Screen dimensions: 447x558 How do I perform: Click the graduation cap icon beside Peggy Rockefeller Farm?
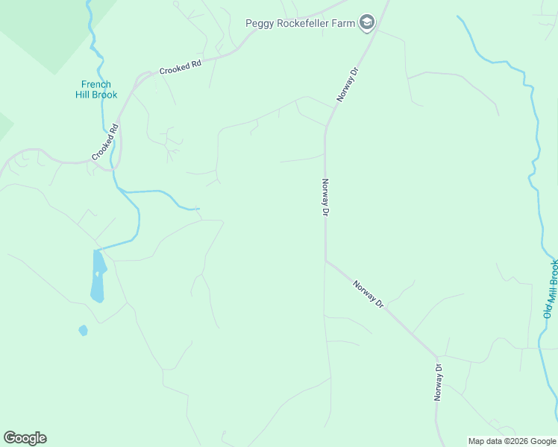(366, 23)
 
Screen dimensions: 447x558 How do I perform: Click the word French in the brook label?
(96, 85)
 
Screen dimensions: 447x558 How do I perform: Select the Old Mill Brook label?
(551, 289)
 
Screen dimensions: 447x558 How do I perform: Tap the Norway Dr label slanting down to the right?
(369, 294)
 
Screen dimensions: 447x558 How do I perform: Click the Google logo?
(25, 438)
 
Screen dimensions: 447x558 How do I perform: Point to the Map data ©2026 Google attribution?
(512, 441)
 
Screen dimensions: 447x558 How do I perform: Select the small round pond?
(83, 330)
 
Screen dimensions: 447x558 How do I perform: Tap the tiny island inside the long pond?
(97, 273)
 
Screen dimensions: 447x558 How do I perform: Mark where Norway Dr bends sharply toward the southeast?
(325, 260)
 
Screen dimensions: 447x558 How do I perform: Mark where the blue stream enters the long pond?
(98, 250)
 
